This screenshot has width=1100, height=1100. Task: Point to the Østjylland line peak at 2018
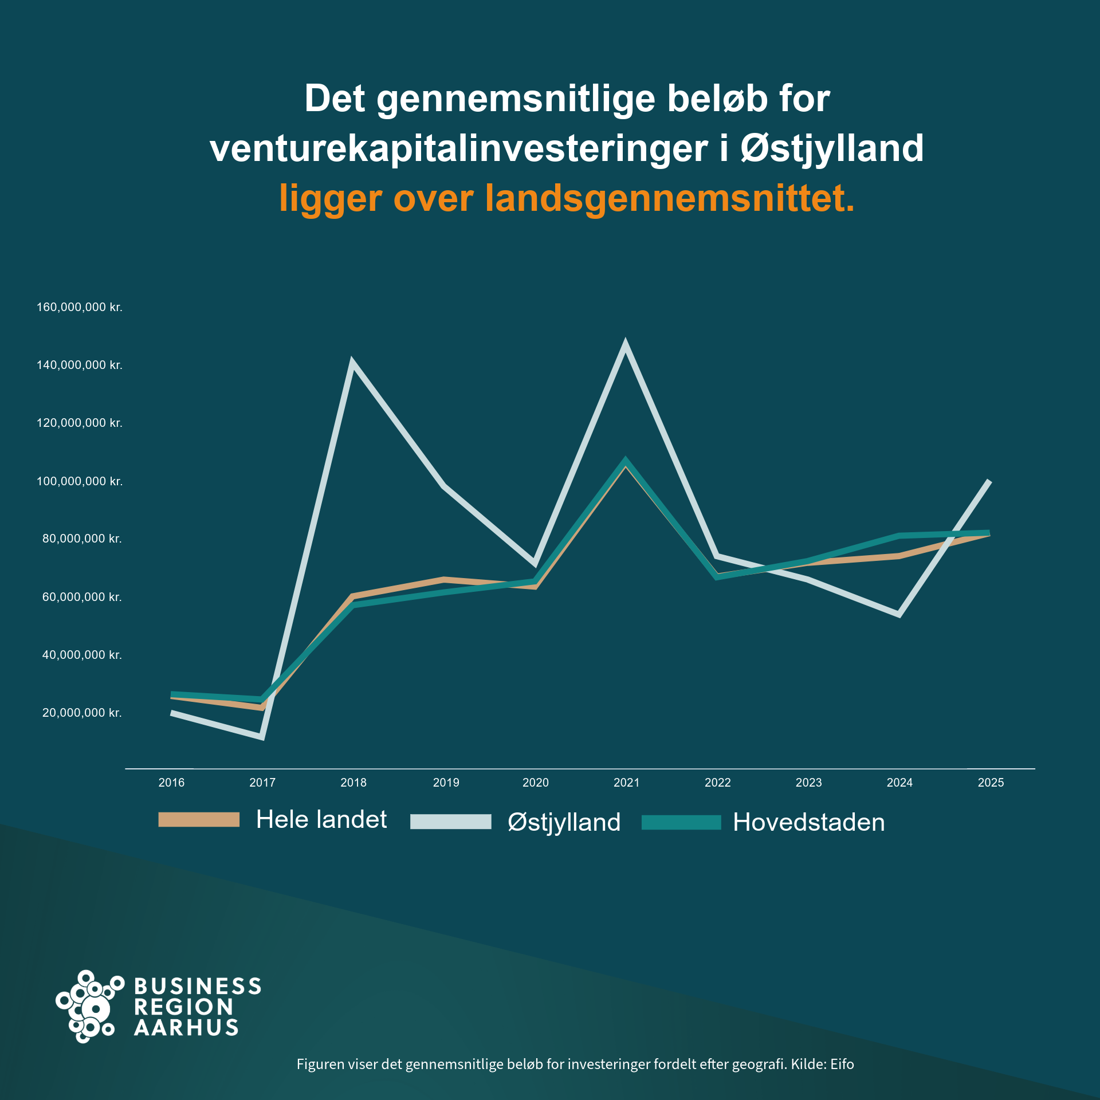[x=352, y=365]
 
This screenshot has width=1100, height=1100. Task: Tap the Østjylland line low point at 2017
[x=261, y=736]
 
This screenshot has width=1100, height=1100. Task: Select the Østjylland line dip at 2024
[x=899, y=614]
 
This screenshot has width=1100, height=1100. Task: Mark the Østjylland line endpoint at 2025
[x=989, y=482]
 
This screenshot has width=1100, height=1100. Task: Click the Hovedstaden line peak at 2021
[x=626, y=462]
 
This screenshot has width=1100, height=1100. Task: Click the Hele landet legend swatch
[x=199, y=819]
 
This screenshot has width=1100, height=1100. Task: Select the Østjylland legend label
[x=564, y=822]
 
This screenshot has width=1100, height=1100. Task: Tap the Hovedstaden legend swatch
[x=681, y=822]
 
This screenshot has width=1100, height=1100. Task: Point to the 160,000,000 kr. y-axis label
[x=80, y=307]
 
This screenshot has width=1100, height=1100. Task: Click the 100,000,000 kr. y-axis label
[x=80, y=481]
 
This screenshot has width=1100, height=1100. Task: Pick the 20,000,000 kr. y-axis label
[x=82, y=713]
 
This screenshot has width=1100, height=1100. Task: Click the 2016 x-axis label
[x=171, y=783]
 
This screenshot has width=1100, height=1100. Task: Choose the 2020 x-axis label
[x=536, y=783]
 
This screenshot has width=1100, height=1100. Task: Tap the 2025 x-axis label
[x=991, y=783]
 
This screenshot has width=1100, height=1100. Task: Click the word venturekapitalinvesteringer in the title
[x=459, y=149]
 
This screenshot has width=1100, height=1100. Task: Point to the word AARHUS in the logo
[x=186, y=1028]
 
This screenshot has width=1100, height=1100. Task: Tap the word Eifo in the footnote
[x=842, y=1064]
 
